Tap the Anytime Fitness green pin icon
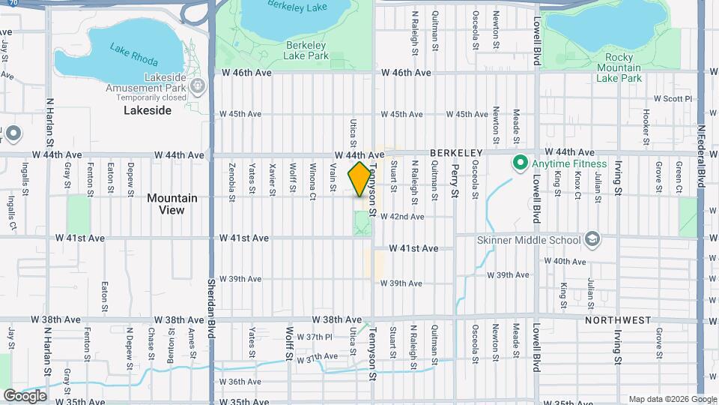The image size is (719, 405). click(518, 161)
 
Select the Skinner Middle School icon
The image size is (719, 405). click(593, 240)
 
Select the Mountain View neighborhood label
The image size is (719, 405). click(172, 204)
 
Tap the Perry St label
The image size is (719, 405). click(455, 183)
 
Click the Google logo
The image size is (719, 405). click(25, 396)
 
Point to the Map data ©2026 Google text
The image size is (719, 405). click(671, 399)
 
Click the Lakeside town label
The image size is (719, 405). click(148, 110)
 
